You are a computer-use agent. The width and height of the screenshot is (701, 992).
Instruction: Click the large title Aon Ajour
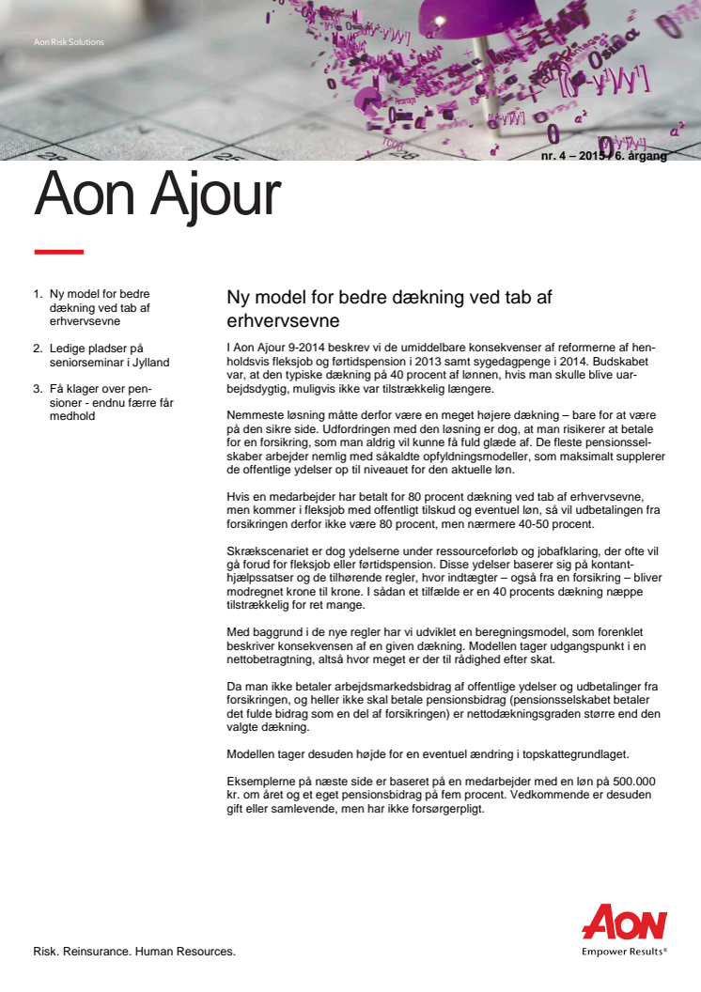tap(157, 196)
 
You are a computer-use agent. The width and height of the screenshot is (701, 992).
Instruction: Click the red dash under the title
tap(58, 252)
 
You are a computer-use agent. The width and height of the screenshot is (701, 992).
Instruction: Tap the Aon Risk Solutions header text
tap(69, 42)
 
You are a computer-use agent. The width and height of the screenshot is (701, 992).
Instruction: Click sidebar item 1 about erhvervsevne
tap(100, 307)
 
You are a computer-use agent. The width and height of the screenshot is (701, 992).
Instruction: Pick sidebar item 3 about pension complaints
tap(110, 402)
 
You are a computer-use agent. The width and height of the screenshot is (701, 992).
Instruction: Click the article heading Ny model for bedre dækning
tap(389, 308)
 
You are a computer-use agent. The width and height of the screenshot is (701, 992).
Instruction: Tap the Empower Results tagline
tap(624, 950)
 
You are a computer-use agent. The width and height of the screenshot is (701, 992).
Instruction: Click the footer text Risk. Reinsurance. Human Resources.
tap(134, 952)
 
